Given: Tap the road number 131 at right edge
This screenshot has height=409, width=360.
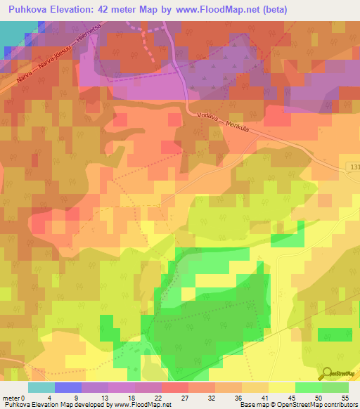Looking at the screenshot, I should click(x=353, y=167).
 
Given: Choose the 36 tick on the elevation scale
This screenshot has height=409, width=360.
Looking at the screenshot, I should click(x=241, y=397).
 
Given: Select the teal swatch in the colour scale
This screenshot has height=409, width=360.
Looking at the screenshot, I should click(x=41, y=387).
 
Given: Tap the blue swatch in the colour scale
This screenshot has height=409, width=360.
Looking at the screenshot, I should click(x=68, y=387).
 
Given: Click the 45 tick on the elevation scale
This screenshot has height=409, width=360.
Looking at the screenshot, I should click(x=295, y=397).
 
